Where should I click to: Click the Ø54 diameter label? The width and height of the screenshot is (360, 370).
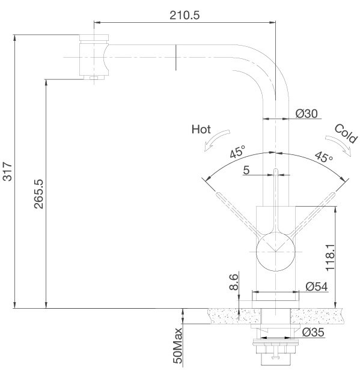(316, 287)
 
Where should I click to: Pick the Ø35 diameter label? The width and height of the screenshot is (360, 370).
(314, 332)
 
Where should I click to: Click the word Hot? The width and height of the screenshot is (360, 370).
(200, 129)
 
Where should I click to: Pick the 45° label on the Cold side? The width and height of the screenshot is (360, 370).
(323, 158)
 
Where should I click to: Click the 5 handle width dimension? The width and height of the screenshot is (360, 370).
(246, 171)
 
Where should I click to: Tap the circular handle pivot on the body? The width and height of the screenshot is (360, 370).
(275, 251)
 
